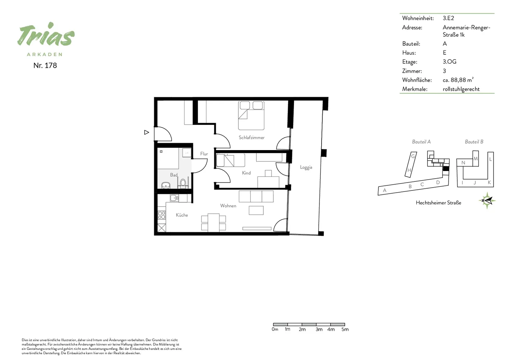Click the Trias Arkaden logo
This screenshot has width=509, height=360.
(46, 39)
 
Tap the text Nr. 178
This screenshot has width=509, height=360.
(45, 66)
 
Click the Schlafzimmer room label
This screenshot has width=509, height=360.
(251, 138)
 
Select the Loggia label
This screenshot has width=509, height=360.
(306, 167)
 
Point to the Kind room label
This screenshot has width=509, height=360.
(246, 173)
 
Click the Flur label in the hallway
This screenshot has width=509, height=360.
(204, 154)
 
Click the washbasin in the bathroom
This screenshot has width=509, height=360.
(166, 185)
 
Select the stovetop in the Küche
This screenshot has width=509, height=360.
(162, 215)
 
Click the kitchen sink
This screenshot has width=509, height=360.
(174, 198)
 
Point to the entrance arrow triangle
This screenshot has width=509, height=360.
(146, 132)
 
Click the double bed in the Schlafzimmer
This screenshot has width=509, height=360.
(251, 116)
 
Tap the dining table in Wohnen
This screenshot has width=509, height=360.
(214, 222)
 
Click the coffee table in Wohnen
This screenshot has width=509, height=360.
(256, 210)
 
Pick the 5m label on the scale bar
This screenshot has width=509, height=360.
(345, 329)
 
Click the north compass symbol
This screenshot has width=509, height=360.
(487, 201)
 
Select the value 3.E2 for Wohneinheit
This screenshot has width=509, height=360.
(448, 18)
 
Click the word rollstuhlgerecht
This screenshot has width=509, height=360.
(461, 89)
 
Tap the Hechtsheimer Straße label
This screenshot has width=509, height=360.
(438, 203)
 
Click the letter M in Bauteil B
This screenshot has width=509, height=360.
(476, 159)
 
